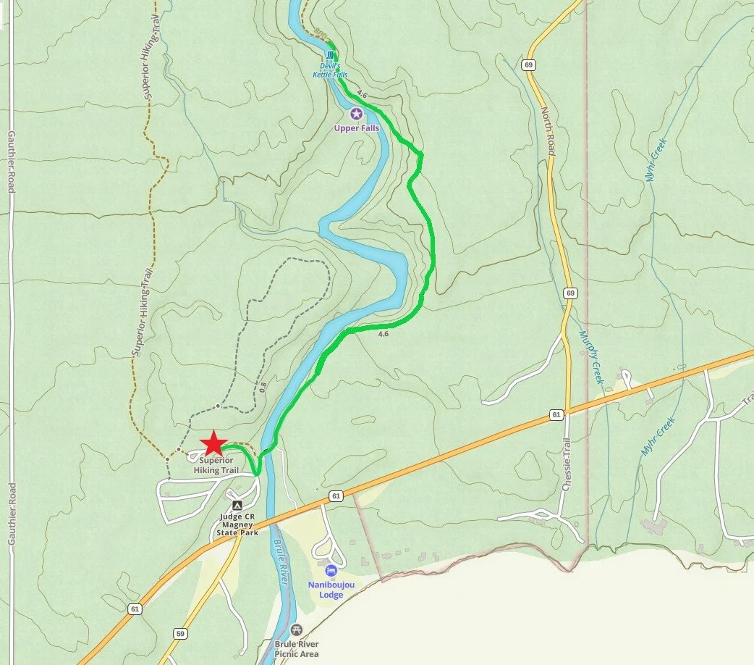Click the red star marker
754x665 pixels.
pyautogui.click(x=213, y=443)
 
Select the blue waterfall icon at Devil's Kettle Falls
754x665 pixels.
pyautogui.click(x=331, y=56)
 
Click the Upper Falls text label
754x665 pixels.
pyautogui.click(x=356, y=128)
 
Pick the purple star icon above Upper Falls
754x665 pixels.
pyautogui.click(x=356, y=114)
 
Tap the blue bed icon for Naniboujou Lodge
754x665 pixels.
pyautogui.click(x=331, y=571)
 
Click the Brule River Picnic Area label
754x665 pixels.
pyautogui.click(x=297, y=648)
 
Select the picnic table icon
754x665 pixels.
pyautogui.click(x=295, y=630)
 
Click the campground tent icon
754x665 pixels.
pyautogui.click(x=237, y=505)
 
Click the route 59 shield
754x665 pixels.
pyautogui.click(x=179, y=634)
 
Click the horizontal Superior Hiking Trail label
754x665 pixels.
pyautogui.click(x=216, y=465)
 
